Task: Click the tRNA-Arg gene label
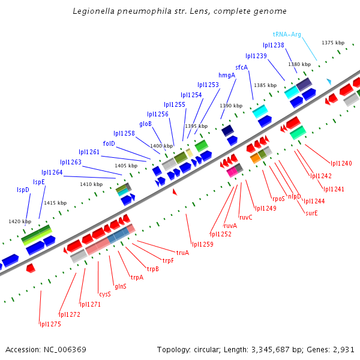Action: pyautogui.click(x=287, y=34)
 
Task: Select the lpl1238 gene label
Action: pyautogui.click(x=274, y=45)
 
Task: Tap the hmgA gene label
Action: pyautogui.click(x=227, y=75)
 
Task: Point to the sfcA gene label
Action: pyautogui.click(x=241, y=67)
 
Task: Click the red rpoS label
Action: pyautogui.click(x=278, y=198)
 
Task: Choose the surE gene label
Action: pyautogui.click(x=311, y=213)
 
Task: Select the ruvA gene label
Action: pyautogui.click(x=230, y=226)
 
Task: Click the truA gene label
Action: pyautogui.click(x=182, y=253)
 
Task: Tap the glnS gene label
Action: pyautogui.click(x=121, y=286)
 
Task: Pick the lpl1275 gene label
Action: pyautogui.click(x=50, y=324)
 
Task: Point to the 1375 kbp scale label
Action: pyautogui.click(x=333, y=43)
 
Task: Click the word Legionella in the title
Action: pyautogui.click(x=94, y=11)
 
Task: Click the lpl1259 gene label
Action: pyautogui.click(x=203, y=244)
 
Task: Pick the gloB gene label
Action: pyautogui.click(x=146, y=124)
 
